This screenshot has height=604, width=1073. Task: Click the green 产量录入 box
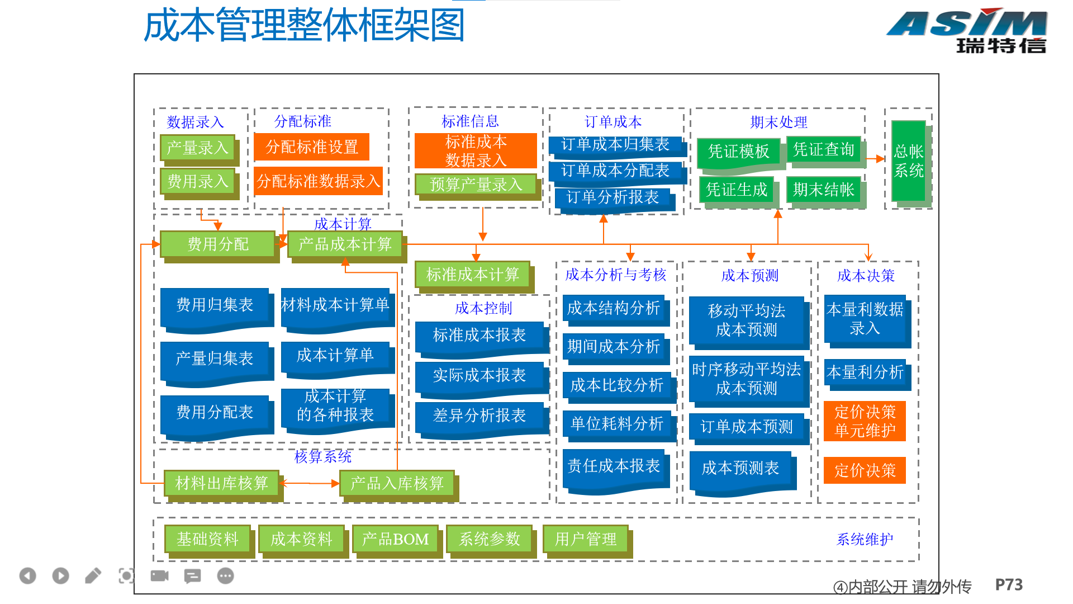pyautogui.click(x=198, y=148)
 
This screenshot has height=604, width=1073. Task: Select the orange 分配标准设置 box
pyautogui.click(x=311, y=147)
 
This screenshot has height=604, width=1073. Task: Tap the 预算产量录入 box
pyautogui.click(x=476, y=184)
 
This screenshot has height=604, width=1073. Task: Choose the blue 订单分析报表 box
pyautogui.click(x=613, y=197)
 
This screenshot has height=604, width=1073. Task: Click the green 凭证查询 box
pyautogui.click(x=824, y=149)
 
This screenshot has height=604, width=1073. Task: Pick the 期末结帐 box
pyautogui.click(x=824, y=190)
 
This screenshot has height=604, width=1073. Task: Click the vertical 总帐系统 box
pyautogui.click(x=909, y=161)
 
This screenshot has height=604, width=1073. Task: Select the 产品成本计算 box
pyautogui.click(x=345, y=244)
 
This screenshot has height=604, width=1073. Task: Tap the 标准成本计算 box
pyautogui.click(x=473, y=274)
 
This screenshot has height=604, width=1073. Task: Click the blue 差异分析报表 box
pyautogui.click(x=479, y=416)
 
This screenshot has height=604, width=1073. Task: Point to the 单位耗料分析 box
pyautogui.click(x=617, y=424)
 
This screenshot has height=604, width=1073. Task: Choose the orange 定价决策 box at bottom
pyautogui.click(x=865, y=470)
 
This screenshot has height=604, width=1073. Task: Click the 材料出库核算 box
pyautogui.click(x=221, y=483)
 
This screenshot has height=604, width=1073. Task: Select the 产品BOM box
pyautogui.click(x=395, y=539)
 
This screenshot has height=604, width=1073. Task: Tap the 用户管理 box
pyautogui.click(x=586, y=539)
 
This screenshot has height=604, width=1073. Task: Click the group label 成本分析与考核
pyautogui.click(x=615, y=275)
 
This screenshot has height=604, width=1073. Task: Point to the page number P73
pyautogui.click(x=1009, y=585)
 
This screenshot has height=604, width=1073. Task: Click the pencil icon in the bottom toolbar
pyautogui.click(x=93, y=575)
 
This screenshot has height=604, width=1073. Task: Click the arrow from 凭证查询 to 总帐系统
pyautogui.click(x=875, y=159)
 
